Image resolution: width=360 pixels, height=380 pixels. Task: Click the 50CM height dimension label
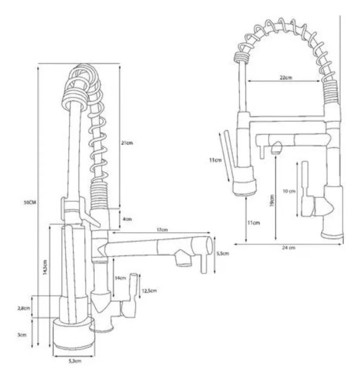point(30,202)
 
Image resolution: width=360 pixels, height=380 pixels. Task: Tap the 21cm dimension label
point(127,143)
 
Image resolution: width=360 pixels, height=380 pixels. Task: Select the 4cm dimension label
point(127,219)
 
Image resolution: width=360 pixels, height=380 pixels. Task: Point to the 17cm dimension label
point(162,230)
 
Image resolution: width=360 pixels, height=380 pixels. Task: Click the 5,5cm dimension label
point(223,254)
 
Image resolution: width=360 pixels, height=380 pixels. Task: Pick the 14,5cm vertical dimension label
point(45,267)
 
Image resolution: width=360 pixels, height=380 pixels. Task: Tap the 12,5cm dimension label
point(149,291)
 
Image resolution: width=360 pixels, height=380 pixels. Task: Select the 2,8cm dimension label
point(23,308)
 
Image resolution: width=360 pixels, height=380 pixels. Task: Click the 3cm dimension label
point(22,335)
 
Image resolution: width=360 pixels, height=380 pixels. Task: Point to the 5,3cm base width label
point(75,361)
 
